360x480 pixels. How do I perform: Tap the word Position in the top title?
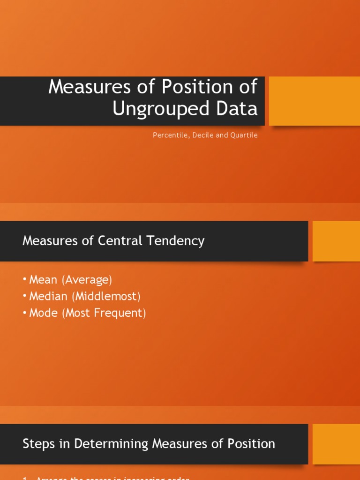194,87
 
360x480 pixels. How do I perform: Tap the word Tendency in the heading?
179,241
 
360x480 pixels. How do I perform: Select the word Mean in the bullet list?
43,280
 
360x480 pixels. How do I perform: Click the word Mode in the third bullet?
43,313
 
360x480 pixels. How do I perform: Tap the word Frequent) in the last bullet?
122,313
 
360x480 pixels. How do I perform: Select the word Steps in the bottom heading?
36,443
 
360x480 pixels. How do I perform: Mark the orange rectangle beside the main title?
315,101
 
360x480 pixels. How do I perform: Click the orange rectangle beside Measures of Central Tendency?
336,241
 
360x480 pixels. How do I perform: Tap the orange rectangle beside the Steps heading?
336,444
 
